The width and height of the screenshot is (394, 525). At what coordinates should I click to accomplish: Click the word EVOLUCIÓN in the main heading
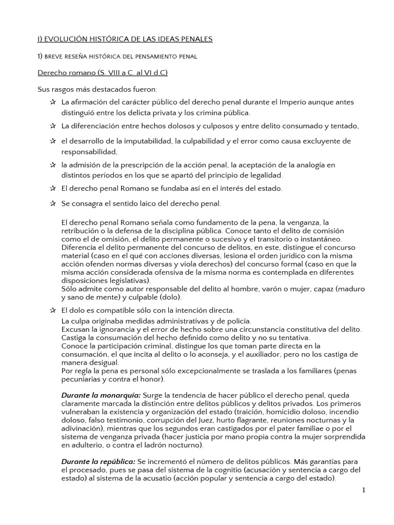coord(64,39)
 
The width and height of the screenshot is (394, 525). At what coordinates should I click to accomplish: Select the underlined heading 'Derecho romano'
coord(70,73)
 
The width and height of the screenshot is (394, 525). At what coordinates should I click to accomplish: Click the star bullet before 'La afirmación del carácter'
coord(53,102)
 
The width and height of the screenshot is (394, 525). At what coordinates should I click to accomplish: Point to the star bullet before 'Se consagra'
coord(53,204)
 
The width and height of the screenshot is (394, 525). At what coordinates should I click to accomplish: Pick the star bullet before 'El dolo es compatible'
coord(53,310)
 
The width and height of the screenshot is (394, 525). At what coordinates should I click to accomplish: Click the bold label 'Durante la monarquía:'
coord(101,396)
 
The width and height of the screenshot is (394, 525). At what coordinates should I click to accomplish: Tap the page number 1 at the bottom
coord(364,490)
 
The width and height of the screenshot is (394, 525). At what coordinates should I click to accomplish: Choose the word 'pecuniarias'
coord(81,379)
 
